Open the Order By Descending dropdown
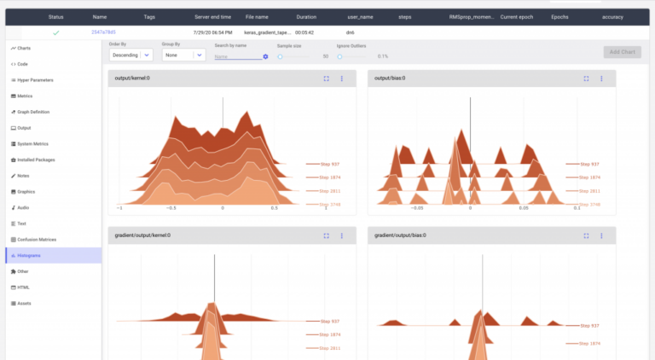coord(131,55)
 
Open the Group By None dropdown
coord(183,55)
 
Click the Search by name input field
coord(237,56)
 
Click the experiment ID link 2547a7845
coord(103,32)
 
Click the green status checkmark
coord(55,32)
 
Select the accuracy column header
coord(612,16)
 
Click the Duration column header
coord(306,16)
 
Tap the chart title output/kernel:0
coord(132,78)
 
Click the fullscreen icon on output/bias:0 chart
coord(586,78)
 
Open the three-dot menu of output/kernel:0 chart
coord(342,78)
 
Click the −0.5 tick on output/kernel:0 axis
coord(171,207)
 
